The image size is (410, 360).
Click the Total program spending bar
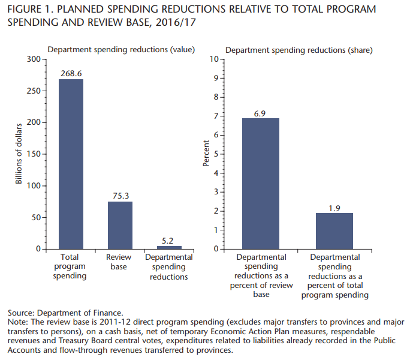(x=71, y=164)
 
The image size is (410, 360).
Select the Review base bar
(x=120, y=225)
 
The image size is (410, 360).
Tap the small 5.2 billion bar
(x=170, y=247)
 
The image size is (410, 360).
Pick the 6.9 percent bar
(x=261, y=183)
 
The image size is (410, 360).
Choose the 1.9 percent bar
(x=334, y=230)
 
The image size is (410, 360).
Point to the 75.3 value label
(x=120, y=196)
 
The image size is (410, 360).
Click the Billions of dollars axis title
(x=19, y=154)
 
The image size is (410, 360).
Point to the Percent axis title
(x=206, y=154)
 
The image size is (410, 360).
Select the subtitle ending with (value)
(x=121, y=50)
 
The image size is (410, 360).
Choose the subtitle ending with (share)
(x=299, y=50)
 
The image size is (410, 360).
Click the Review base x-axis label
(x=119, y=262)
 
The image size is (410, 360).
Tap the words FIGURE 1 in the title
(x=29, y=10)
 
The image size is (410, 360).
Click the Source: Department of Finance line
(x=65, y=313)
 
